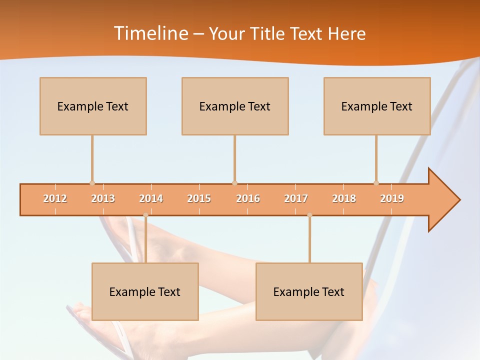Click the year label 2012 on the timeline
[55, 198]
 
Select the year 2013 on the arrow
[103, 198]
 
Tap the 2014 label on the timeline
[151, 198]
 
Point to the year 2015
[199, 198]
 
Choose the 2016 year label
[248, 198]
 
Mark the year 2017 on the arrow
[296, 198]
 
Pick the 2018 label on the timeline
[344, 198]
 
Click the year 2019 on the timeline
[392, 198]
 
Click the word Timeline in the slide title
[150, 33]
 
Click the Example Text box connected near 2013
[93, 106]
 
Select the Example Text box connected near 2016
[235, 106]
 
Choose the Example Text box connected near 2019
[377, 106]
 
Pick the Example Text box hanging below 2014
[145, 291]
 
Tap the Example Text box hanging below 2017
[309, 291]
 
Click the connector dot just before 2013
[92, 183]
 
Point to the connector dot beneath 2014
[145, 215]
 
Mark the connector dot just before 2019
[376, 183]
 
